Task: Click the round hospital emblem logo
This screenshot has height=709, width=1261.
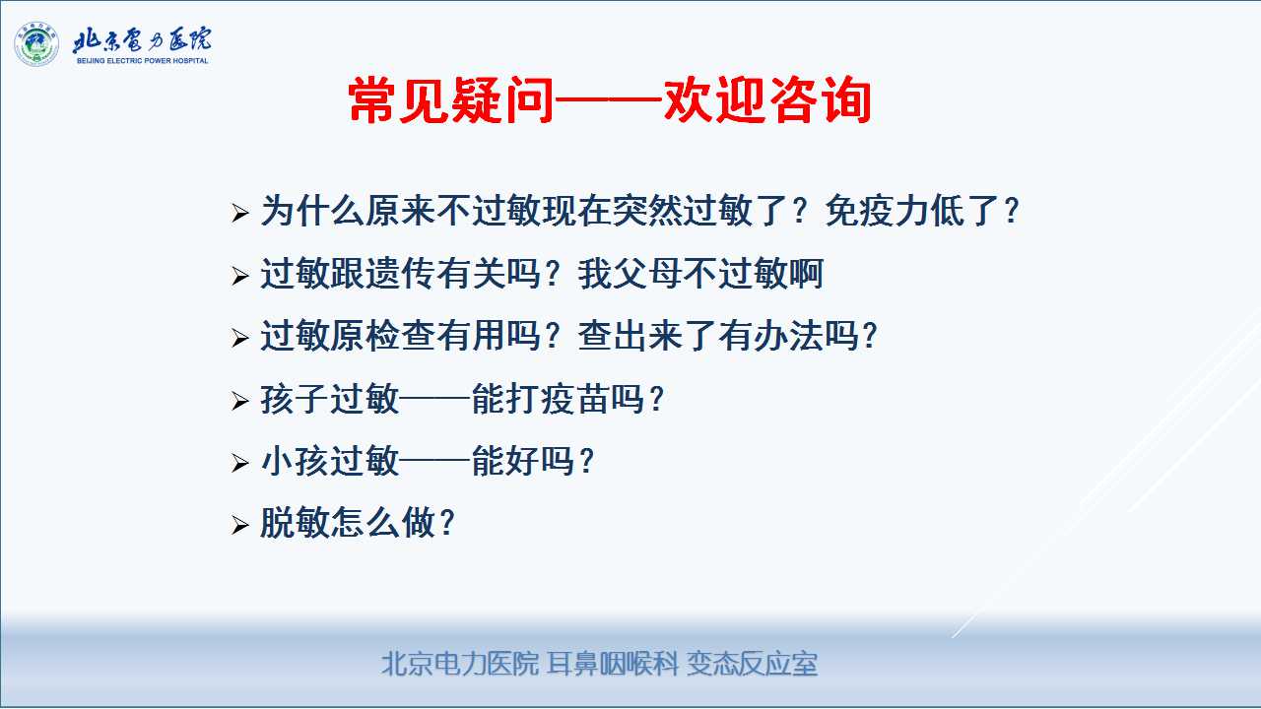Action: click(36, 44)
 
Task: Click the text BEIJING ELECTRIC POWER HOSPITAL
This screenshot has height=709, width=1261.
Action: click(143, 61)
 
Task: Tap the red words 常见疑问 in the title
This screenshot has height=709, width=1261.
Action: click(450, 100)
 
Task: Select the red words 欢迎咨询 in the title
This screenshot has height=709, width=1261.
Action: click(767, 100)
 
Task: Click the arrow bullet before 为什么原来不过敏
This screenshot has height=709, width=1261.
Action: click(239, 214)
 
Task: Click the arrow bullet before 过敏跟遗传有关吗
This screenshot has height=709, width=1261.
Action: click(239, 276)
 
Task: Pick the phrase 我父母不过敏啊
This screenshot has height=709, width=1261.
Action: click(700, 274)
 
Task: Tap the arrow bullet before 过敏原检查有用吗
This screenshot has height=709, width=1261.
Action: click(239, 338)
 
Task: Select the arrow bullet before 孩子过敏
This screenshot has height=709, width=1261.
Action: click(239, 401)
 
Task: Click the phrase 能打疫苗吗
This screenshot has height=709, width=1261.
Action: click(559, 399)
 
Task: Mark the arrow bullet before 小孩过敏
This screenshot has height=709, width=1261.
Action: click(239, 463)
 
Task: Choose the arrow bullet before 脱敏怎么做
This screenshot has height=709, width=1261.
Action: click(239, 525)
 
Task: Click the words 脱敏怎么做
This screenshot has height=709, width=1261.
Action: click(348, 523)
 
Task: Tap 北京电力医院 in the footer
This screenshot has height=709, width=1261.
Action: click(460, 664)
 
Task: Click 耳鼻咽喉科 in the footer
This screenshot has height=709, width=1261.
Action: click(613, 664)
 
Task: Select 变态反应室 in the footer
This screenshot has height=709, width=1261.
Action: click(752, 664)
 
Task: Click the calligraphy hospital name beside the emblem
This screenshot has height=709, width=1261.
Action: click(142, 40)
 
